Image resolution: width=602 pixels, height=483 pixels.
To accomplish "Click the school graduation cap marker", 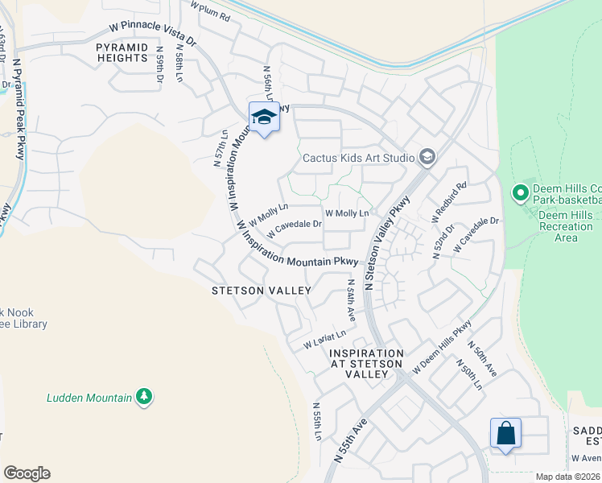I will pyautogui.click(x=264, y=118).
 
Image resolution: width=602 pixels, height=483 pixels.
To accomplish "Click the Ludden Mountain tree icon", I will pyautogui.click(x=144, y=396).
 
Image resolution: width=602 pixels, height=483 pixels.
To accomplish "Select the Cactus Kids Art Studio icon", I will pyautogui.click(x=427, y=157).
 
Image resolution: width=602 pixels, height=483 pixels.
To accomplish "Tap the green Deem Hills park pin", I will pyautogui.click(x=520, y=193).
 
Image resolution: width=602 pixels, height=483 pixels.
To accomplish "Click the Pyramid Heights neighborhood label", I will pyautogui.click(x=122, y=53).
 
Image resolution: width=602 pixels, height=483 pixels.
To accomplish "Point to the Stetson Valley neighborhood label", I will pyautogui.click(x=261, y=290).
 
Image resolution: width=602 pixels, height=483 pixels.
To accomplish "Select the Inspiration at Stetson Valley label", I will pyautogui.click(x=366, y=364).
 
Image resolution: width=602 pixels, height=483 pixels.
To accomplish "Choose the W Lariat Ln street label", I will pyautogui.click(x=324, y=340).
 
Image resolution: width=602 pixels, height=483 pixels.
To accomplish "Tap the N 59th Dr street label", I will pyautogui.click(x=159, y=68).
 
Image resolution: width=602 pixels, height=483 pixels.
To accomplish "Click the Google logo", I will pyautogui.click(x=27, y=473).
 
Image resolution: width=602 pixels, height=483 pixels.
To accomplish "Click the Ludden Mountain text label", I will pyautogui.click(x=89, y=397).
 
